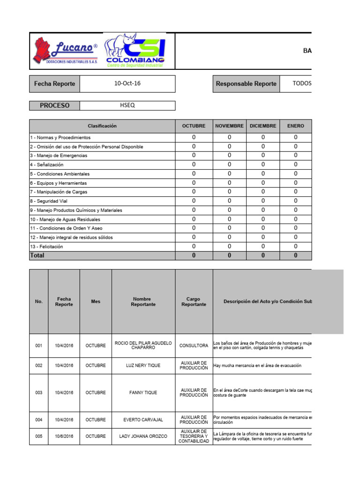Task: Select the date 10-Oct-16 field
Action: tap(127, 84)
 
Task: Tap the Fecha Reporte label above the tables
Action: tap(54, 84)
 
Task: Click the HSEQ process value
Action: tap(127, 105)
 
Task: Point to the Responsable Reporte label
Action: tap(246, 84)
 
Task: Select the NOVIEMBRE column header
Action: tap(229, 126)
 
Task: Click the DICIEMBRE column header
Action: tap(263, 126)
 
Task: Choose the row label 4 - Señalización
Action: tap(47, 165)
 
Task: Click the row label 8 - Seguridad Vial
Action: tap(49, 201)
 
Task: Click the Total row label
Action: tap(37, 255)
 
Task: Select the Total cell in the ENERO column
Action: tap(295, 255)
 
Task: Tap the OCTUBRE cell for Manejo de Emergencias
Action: tap(194, 156)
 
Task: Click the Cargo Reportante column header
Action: tap(194, 301)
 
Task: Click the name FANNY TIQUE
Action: tap(143, 393)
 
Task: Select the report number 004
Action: tap(38, 420)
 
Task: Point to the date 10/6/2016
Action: tap(64, 436)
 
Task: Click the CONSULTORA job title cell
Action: tap(194, 345)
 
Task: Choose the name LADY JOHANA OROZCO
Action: tap(143, 436)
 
